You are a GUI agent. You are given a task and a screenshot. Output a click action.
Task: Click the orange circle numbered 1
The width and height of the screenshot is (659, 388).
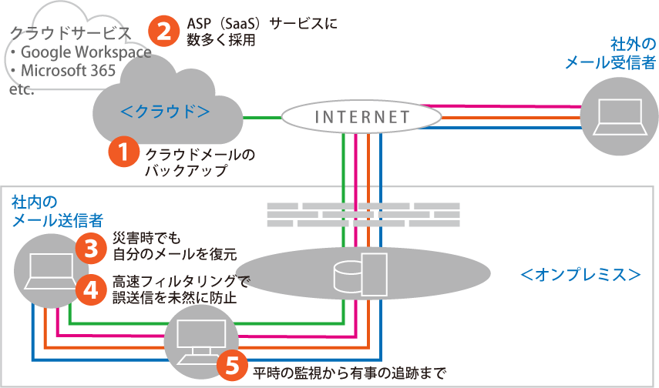click(x=123, y=152)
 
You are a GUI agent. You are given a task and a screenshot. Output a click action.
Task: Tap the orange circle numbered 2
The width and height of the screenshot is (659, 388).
click(x=163, y=32)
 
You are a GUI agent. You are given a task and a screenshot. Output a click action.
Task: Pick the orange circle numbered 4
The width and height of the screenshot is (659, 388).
click(x=90, y=289)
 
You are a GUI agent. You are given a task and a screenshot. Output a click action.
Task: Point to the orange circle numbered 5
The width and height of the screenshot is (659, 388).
click(x=232, y=366)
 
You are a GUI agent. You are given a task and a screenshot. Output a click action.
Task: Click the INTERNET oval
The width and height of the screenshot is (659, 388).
click(x=361, y=118)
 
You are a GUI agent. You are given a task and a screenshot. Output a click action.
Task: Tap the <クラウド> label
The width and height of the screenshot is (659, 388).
click(x=166, y=112)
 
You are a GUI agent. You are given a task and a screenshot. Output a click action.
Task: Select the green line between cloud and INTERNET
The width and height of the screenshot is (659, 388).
click(x=260, y=117)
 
